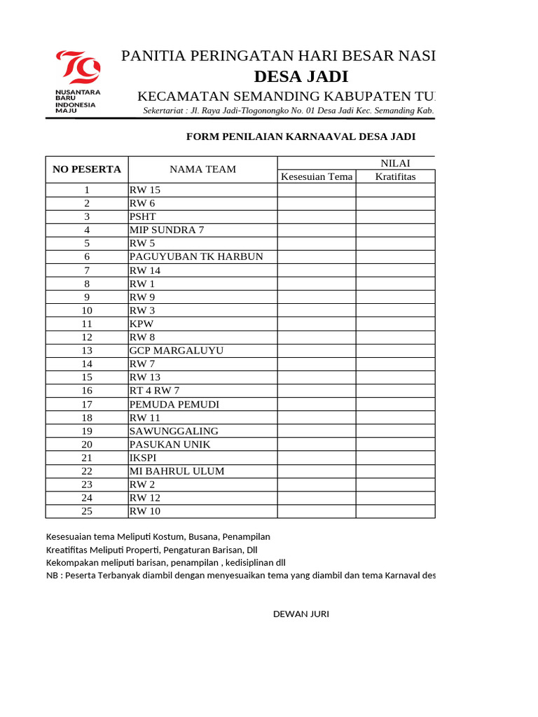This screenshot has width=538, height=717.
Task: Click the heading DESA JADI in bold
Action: [301, 76]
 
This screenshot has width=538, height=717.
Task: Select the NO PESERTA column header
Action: [87, 169]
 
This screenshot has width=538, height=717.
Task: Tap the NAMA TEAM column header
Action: [202, 169]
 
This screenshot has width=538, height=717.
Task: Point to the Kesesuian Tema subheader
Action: [317, 176]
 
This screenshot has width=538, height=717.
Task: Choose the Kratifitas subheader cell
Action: [395, 176]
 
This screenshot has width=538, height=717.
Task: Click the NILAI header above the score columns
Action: [395, 163]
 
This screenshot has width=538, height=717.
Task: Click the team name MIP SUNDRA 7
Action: [167, 230]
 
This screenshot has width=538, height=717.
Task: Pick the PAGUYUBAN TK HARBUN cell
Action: [196, 256]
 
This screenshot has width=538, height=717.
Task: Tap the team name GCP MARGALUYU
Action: [177, 350]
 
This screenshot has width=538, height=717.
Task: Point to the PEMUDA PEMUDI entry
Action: [174, 404]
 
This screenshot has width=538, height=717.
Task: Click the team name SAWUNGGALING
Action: [174, 431]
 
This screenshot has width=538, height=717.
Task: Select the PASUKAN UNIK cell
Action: [170, 444]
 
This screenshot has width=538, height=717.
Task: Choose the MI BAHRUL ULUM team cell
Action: [177, 471]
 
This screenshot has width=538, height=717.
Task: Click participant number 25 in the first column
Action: [87, 511]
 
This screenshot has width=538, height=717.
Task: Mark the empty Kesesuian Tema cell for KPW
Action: [317, 323]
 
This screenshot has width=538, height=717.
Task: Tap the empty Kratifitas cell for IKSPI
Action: [395, 457]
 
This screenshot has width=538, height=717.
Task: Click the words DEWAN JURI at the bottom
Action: [301, 614]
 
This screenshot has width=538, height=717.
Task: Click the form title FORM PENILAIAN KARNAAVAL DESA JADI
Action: [301, 136]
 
